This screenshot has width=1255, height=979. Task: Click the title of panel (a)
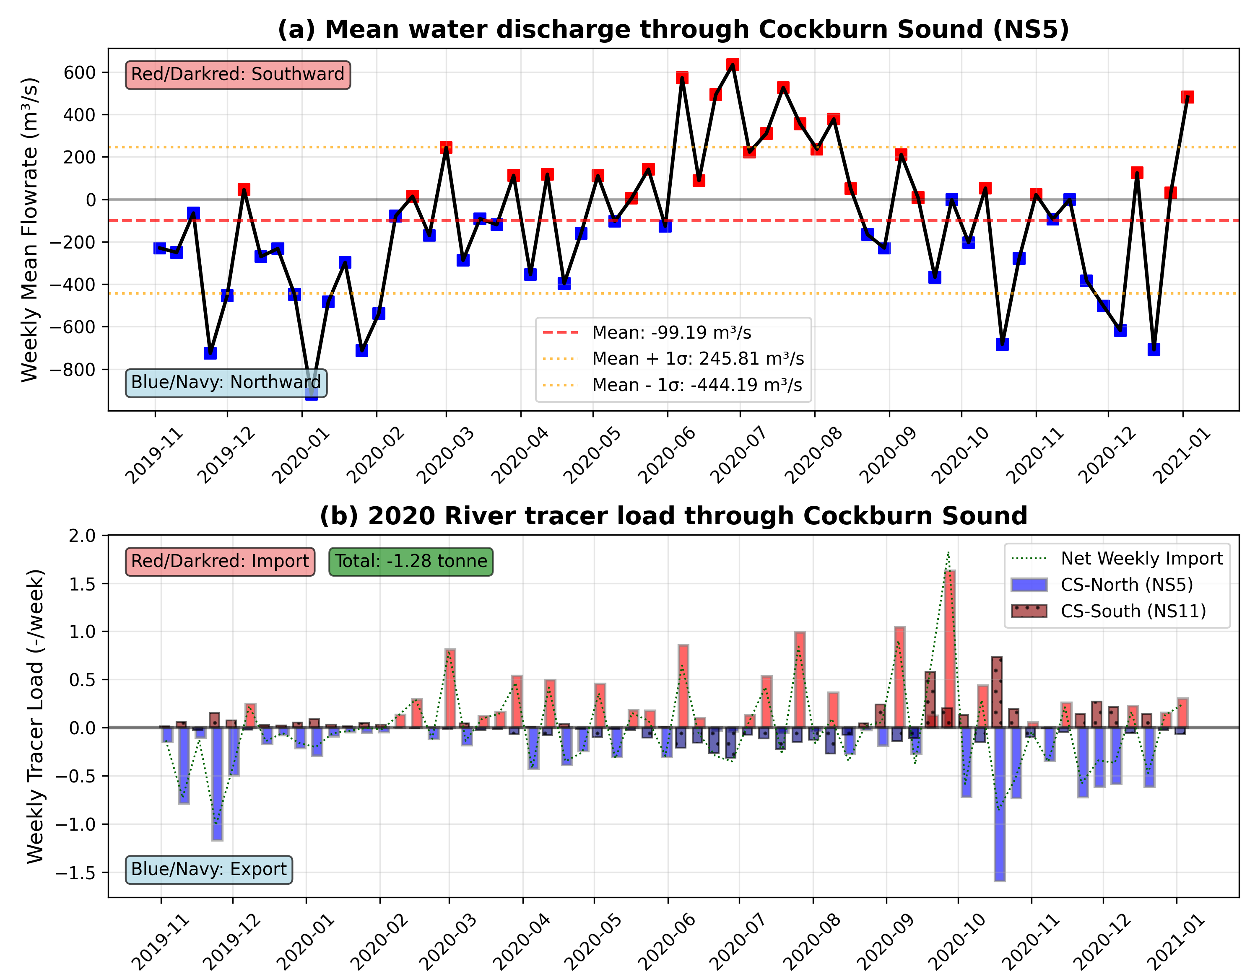click(673, 29)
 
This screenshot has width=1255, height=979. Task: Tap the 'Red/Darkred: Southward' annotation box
click(237, 75)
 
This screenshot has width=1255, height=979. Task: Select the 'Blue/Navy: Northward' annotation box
click(226, 382)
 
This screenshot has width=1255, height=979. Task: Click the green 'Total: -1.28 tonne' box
click(411, 561)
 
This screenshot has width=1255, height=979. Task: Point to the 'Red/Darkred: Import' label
click(220, 561)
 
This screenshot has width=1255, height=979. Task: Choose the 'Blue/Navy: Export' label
click(208, 869)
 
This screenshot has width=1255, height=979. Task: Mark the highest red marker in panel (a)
click(732, 65)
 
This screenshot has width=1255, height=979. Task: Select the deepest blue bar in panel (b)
click(1000, 804)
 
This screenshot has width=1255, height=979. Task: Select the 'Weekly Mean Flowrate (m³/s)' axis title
click(30, 230)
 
